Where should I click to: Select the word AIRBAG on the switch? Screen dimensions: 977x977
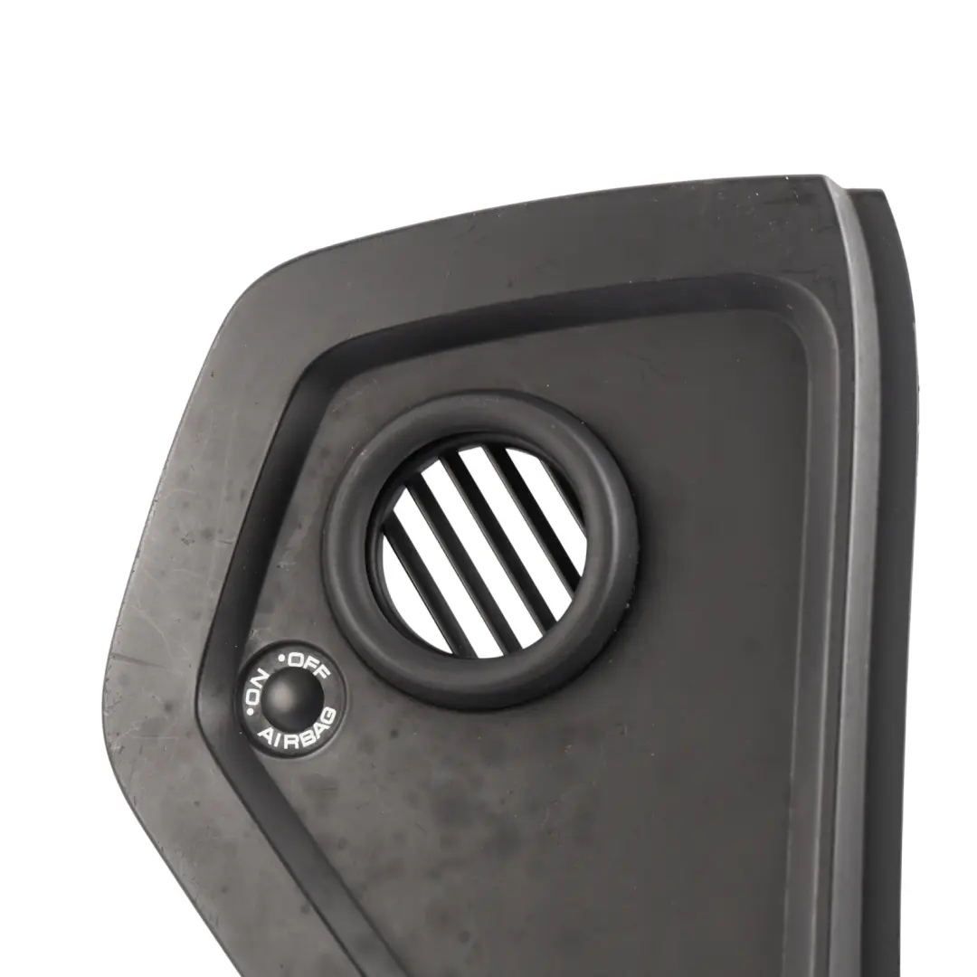(x=299, y=731)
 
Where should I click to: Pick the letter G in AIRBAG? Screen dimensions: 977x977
(x=330, y=715)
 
